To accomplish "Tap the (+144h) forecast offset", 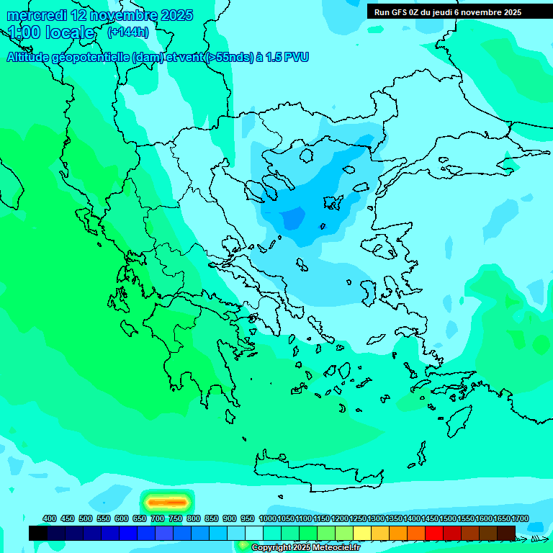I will [127, 32].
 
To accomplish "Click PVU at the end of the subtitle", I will [296, 57].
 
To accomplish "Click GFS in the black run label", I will [400, 12].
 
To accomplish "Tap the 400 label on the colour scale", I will [50, 518].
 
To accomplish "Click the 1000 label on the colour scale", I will [267, 518].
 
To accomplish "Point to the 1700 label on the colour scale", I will [520, 518].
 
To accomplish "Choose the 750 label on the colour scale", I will [175, 518].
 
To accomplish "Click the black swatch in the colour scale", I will [38, 533].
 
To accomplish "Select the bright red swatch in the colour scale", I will [434, 533].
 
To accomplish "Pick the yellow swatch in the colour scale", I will [362, 533].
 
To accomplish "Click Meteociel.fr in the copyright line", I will [332, 547].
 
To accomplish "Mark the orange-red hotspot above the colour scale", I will [167, 501].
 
